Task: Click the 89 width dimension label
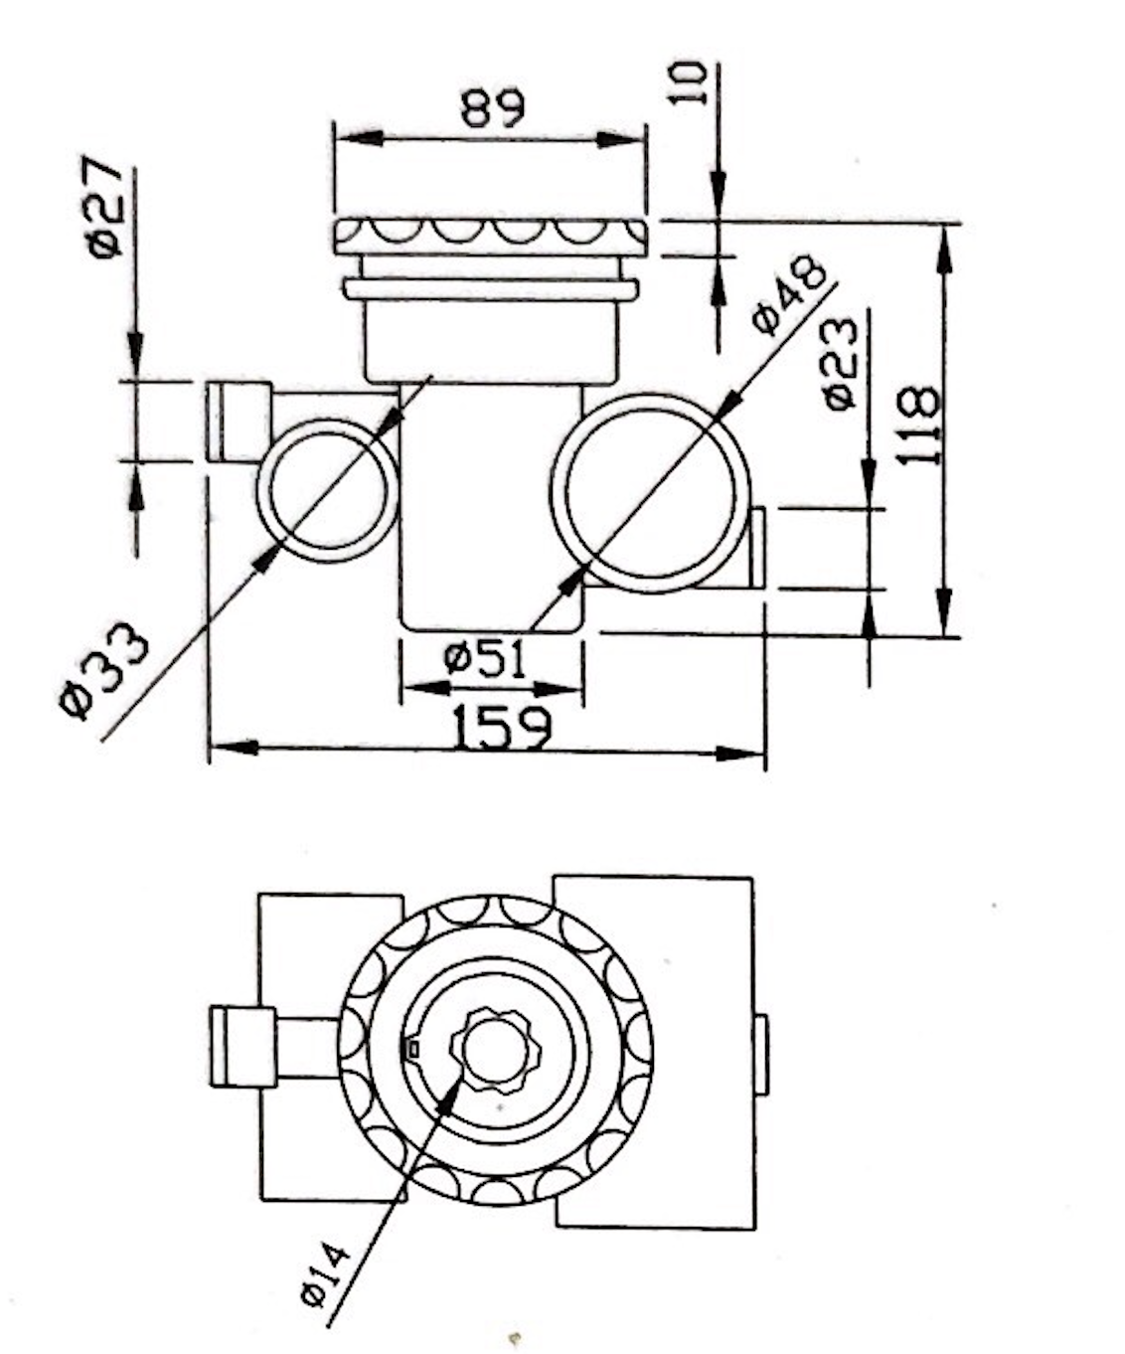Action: click(493, 107)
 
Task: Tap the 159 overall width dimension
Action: click(503, 728)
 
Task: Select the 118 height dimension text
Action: click(918, 425)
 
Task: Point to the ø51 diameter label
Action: click(485, 659)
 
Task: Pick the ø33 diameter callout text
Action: click(103, 670)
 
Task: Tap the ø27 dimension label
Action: click(103, 206)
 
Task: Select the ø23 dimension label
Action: click(842, 363)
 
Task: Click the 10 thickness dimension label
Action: click(689, 83)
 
